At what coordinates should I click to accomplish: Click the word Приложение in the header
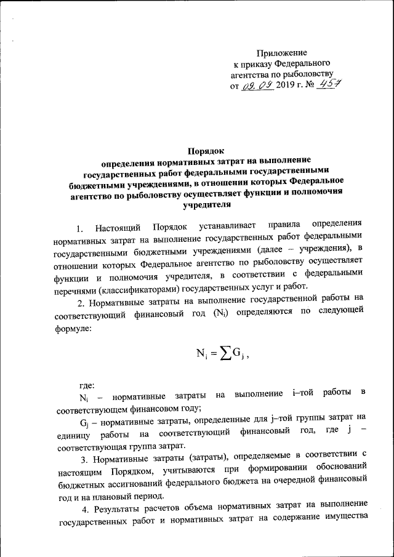(x=281, y=54)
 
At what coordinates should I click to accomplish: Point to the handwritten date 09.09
(x=257, y=86)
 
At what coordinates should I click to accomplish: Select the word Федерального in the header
(x=303, y=63)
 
